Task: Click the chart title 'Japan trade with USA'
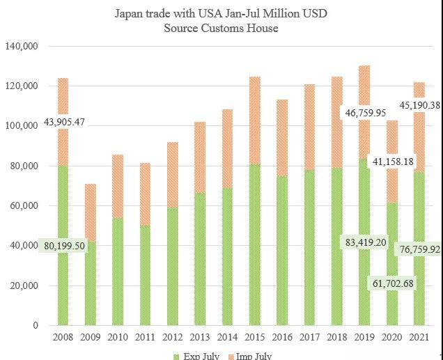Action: [x=221, y=14]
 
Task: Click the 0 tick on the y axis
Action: [x=35, y=326]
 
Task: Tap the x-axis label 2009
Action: [x=89, y=338]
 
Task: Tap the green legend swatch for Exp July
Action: [x=176, y=357]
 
